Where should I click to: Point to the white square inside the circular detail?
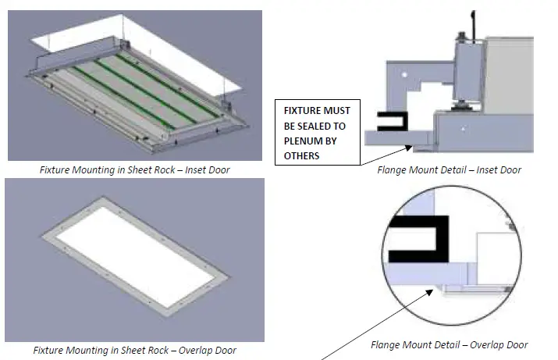tap(496, 258)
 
